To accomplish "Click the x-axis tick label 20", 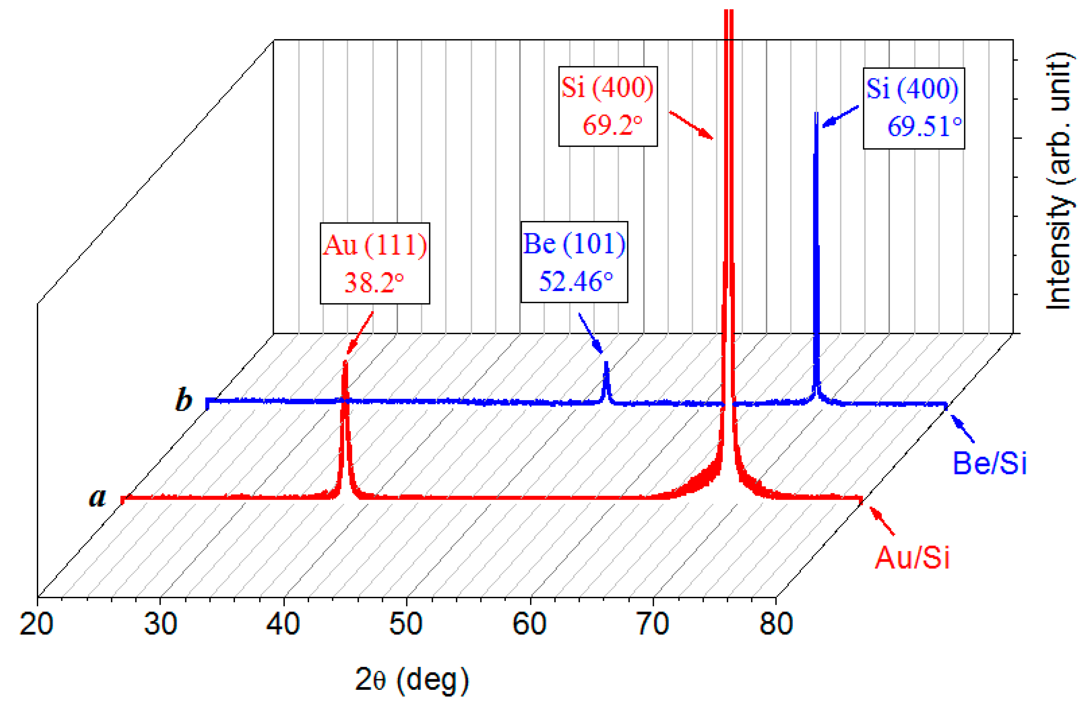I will pyautogui.click(x=37, y=624).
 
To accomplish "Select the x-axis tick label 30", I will pyautogui.click(x=160, y=624).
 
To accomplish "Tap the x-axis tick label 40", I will pyautogui.click(x=283, y=624).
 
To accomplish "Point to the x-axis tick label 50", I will pyautogui.click(x=406, y=624).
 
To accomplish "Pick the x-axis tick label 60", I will pyautogui.click(x=529, y=624).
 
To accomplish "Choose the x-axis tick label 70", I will pyautogui.click(x=653, y=624).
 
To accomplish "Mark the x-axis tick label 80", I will pyautogui.click(x=776, y=624).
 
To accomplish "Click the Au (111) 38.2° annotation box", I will pyautogui.click(x=375, y=263).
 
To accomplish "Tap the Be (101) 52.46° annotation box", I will pyautogui.click(x=574, y=262).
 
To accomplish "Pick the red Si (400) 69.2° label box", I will pyautogui.click(x=608, y=106).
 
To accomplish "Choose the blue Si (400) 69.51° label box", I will pyautogui.click(x=914, y=108).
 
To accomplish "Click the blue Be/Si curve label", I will pyautogui.click(x=989, y=463).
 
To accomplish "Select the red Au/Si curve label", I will pyautogui.click(x=912, y=558).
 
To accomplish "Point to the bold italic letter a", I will pyautogui.click(x=98, y=497).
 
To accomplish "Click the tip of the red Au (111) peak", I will pyautogui.click(x=345, y=363).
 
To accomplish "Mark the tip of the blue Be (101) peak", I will pyautogui.click(x=606, y=363).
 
